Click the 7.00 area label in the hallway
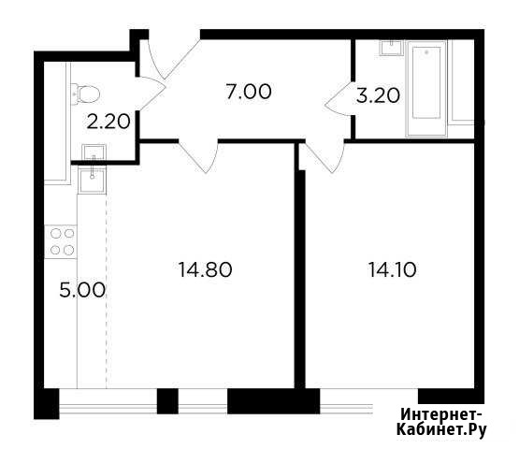[x=249, y=92]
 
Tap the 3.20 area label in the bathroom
[x=378, y=96]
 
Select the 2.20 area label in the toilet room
[x=108, y=122]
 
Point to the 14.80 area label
[x=205, y=269]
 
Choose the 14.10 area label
[x=392, y=269]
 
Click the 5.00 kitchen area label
[x=82, y=290]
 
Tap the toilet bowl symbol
[x=85, y=94]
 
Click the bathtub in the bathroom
[x=426, y=89]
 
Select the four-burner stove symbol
[x=61, y=241]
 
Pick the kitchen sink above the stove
[x=92, y=180]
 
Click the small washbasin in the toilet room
[x=94, y=152]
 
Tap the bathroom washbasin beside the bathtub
[x=392, y=48]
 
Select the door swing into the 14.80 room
[x=198, y=156]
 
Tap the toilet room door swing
[x=152, y=93]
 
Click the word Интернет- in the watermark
[x=441, y=414]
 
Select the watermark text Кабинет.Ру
[x=441, y=429]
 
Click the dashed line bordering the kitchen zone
[x=107, y=292]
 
